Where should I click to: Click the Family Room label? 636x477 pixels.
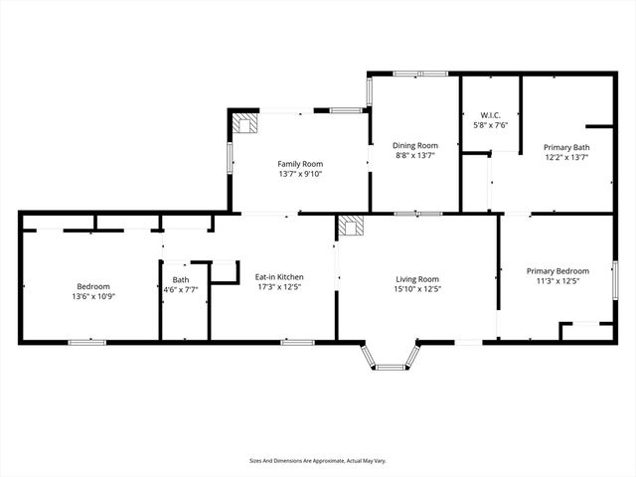pyautogui.click(x=300, y=163)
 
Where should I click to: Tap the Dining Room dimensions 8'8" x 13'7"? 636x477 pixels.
pyautogui.click(x=415, y=156)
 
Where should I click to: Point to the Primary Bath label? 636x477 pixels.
pyautogui.click(x=564, y=146)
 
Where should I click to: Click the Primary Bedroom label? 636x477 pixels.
pyautogui.click(x=557, y=271)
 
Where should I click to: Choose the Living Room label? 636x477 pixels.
pyautogui.click(x=417, y=279)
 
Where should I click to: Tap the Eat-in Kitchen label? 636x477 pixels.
pyautogui.click(x=279, y=277)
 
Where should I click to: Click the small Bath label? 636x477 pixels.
pyautogui.click(x=180, y=280)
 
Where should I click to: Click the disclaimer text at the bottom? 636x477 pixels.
pyautogui.click(x=317, y=461)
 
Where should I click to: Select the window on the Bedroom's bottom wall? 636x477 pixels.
pyautogui.click(x=87, y=342)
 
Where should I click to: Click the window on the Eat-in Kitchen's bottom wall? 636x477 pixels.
pyautogui.click(x=297, y=342)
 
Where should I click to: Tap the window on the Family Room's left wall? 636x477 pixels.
pyautogui.click(x=231, y=158)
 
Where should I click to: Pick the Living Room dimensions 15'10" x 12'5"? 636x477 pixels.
pyautogui.click(x=417, y=290)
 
